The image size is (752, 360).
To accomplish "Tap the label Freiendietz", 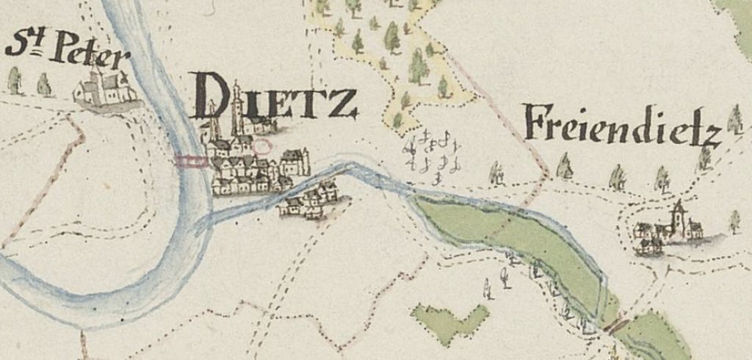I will (x=621, y=126).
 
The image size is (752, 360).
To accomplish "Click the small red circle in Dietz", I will (x=261, y=145).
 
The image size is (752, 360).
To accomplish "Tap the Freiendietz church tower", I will (x=679, y=218).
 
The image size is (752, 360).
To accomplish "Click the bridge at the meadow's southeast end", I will (x=616, y=324).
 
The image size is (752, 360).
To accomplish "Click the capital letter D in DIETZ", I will (x=211, y=96).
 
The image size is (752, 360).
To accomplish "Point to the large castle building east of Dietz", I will (x=294, y=161).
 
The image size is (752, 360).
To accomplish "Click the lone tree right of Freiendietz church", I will (x=734, y=221).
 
